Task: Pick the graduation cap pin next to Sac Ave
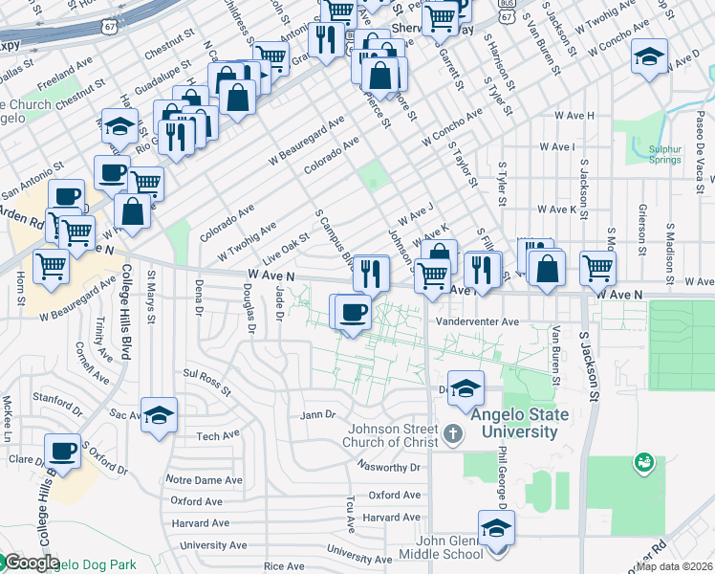pyautogui.click(x=160, y=415)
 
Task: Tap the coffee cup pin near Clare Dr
pyautogui.click(x=64, y=452)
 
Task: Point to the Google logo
pyautogui.click(x=32, y=563)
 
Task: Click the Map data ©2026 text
pyautogui.click(x=675, y=566)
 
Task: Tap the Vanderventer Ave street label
pyautogui.click(x=477, y=322)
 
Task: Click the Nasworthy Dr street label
pyautogui.click(x=388, y=468)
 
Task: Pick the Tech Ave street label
pyautogui.click(x=218, y=436)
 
